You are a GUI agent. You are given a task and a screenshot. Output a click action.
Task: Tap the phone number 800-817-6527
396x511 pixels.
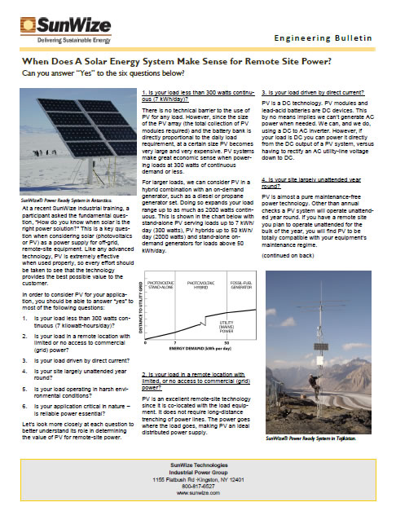pyautogui.click(x=197, y=484)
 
